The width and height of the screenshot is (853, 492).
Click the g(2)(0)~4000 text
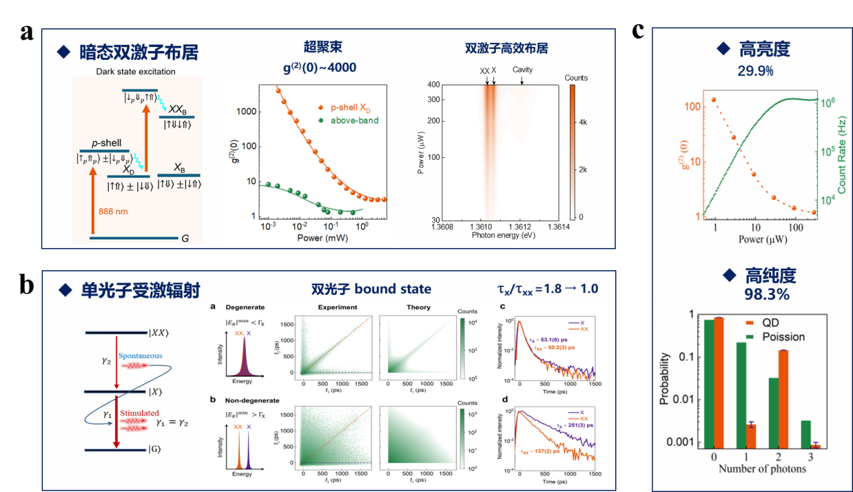tap(320, 67)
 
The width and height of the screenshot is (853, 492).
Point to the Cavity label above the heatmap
tap(522, 69)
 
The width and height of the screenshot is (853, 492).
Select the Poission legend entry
tap(777, 336)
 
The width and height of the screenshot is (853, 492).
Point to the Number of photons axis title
tap(762, 468)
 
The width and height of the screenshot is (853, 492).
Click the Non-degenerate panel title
tap(251, 401)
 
